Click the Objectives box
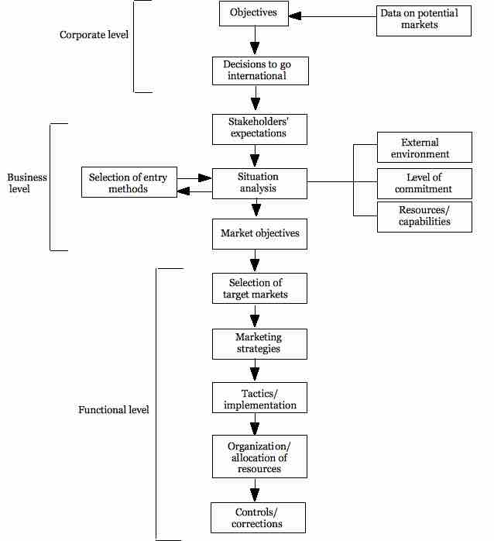pos(253,13)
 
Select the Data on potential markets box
pos(424,19)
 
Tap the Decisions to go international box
pos(260,71)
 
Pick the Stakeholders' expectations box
pos(260,128)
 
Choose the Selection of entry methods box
pos(129,183)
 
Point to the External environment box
pos(424,147)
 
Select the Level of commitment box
pos(424,183)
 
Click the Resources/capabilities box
pos(424,217)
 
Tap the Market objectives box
pos(259,233)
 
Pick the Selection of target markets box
pos(259,288)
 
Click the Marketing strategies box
pos(259,343)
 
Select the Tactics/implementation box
pos(259,400)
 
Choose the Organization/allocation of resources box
pos(259,457)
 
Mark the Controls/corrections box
pos(258,517)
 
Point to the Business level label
pos(27,183)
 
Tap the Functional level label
pos(114,409)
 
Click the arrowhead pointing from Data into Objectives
pos(296,16)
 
